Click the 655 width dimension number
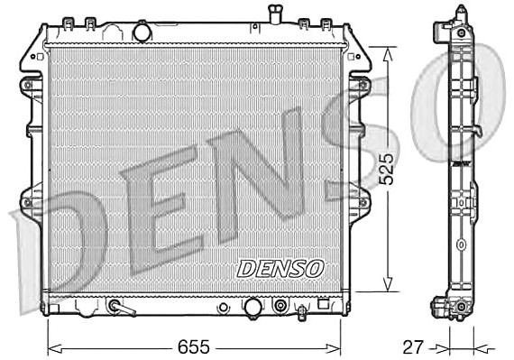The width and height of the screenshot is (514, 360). point(193,347)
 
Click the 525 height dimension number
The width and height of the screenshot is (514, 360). point(386,169)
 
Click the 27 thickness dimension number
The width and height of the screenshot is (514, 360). point(413,347)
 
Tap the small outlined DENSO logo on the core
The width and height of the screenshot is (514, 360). point(280,269)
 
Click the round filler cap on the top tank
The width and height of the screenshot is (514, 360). point(142,32)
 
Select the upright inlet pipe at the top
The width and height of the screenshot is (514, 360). point(275,14)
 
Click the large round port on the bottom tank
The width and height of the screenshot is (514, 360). point(253,307)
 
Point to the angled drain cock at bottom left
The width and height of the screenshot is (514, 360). point(122,308)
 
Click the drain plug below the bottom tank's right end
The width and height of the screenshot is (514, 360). point(302,312)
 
